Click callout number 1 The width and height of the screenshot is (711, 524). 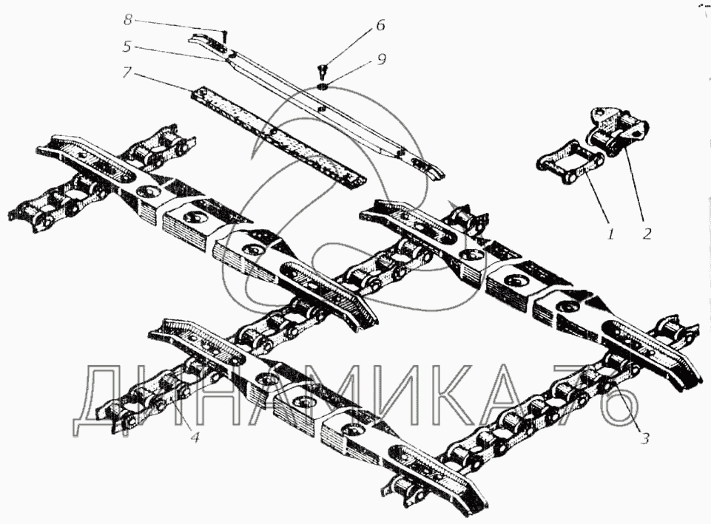click(x=611, y=235)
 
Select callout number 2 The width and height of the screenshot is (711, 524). click(x=647, y=234)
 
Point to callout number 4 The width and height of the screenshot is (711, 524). click(x=195, y=436)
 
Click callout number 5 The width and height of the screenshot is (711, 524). click(x=127, y=45)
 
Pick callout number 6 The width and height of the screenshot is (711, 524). click(x=380, y=24)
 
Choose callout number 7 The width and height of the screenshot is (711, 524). click(x=127, y=72)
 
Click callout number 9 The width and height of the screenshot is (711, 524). click(x=382, y=60)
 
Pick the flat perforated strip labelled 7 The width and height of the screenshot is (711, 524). click(x=274, y=134)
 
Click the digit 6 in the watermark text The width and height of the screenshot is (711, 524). click(x=613, y=404)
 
